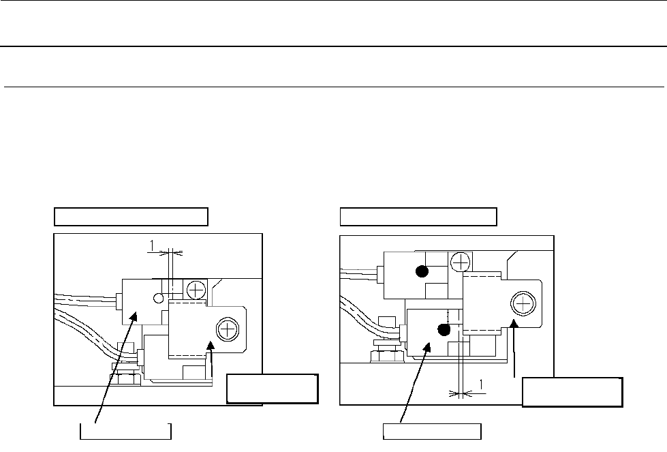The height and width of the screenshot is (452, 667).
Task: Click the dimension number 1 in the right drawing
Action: pyautogui.click(x=482, y=386)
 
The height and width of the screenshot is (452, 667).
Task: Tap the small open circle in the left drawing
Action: pyautogui.click(x=157, y=298)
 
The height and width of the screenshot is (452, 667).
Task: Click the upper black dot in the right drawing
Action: pyautogui.click(x=422, y=272)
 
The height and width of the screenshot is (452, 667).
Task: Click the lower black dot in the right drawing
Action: pyautogui.click(x=444, y=331)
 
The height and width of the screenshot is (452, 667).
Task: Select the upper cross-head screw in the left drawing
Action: pyautogui.click(x=196, y=290)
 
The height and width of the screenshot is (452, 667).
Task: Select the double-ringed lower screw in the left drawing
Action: pyautogui.click(x=226, y=331)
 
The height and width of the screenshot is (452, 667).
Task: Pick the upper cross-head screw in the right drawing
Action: pyautogui.click(x=461, y=262)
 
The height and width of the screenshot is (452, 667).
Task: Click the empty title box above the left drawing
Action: pyautogui.click(x=131, y=217)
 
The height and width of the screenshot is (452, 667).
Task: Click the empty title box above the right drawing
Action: pyautogui.click(x=418, y=217)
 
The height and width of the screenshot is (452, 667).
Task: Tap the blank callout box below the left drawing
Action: pyautogui.click(x=125, y=432)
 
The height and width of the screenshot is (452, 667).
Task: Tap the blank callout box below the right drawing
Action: pyautogui.click(x=432, y=432)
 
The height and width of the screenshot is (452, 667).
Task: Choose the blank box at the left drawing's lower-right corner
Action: pyautogui.click(x=272, y=389)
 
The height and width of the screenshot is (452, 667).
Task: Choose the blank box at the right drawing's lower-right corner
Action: pyautogui.click(x=572, y=391)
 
